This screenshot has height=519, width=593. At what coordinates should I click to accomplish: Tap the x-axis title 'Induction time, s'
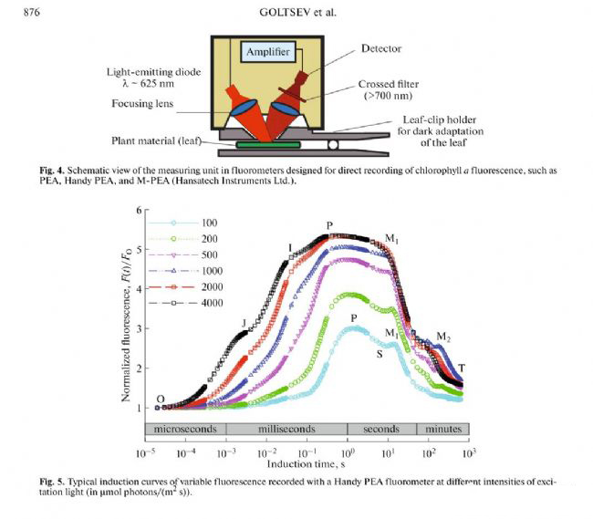coord(306,464)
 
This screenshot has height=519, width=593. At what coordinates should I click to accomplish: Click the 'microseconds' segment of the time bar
coord(184,429)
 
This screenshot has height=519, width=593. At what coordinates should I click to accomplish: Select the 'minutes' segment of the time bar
coord(442,429)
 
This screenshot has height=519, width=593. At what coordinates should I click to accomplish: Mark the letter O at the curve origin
coord(161,399)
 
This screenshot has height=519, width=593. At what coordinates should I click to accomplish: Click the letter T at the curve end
coord(462,368)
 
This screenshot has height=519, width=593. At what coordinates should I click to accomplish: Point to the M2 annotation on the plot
coord(444,337)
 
